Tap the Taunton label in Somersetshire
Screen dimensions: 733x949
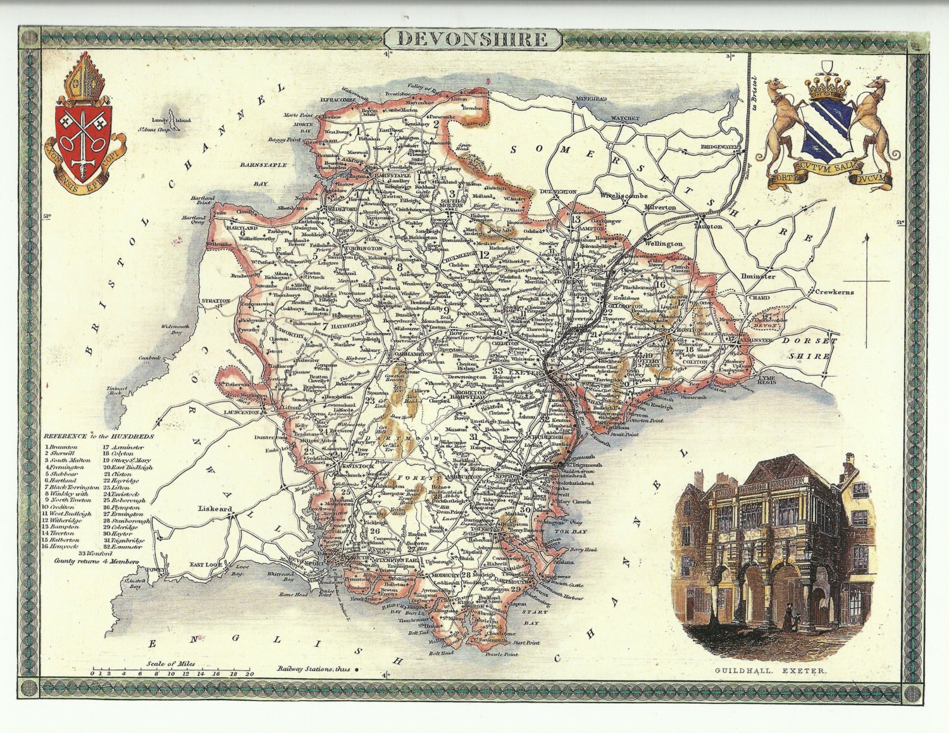709,225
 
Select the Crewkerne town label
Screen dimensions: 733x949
834,292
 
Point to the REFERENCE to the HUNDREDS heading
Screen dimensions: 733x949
99,437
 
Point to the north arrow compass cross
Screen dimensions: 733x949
867,279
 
